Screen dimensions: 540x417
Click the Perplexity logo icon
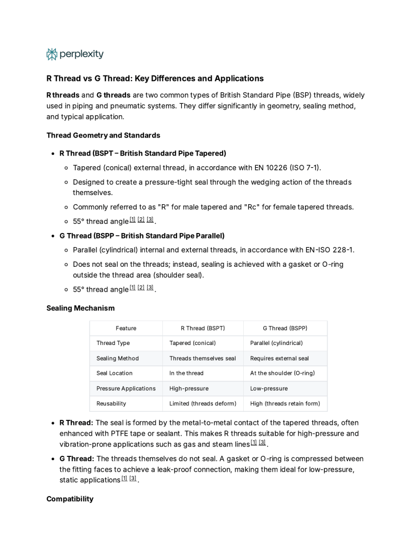52,54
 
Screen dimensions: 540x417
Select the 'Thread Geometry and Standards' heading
103,135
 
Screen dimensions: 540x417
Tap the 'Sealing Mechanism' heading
80,308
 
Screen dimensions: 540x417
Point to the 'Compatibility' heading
69,499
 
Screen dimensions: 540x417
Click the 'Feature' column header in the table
126,328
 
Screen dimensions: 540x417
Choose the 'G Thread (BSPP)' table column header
285,328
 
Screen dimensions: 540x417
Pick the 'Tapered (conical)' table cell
192,343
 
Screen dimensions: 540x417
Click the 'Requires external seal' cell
279,359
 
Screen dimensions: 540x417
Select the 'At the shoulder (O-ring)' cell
282,373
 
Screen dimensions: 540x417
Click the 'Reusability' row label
111,404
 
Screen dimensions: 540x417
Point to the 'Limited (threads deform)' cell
203,404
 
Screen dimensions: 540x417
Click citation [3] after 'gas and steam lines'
262,443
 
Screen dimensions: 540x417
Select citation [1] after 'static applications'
124,479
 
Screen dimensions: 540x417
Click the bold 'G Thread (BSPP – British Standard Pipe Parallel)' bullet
142,236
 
